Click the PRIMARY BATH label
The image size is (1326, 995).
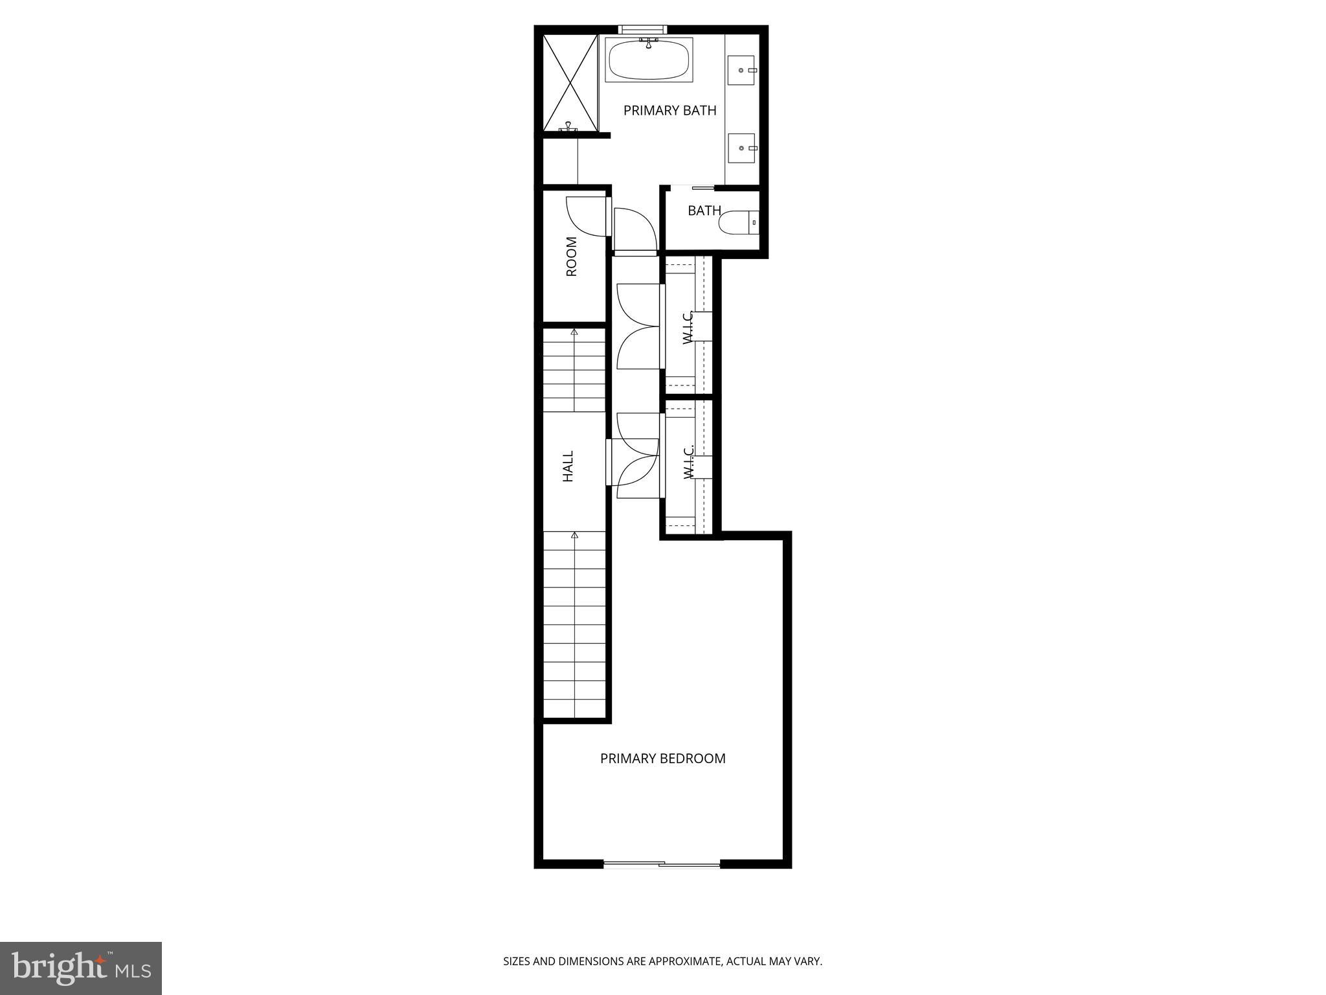point(669,111)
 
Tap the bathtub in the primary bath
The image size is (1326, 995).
point(649,60)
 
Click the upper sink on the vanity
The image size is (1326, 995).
point(741,70)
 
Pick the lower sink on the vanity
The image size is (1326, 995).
point(741,148)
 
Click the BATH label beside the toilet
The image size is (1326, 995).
point(704,211)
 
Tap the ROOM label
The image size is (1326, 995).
point(571,257)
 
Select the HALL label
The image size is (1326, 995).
point(568,466)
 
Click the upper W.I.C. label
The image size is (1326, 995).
point(688,327)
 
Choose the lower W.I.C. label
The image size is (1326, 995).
point(688,462)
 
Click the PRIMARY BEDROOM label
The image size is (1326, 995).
point(662,759)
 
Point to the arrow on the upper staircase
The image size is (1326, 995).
point(574,332)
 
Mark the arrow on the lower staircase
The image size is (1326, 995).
point(574,535)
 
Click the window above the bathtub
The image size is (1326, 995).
point(642,29)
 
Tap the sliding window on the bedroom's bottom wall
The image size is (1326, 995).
point(662,863)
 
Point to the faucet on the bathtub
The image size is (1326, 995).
point(648,43)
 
